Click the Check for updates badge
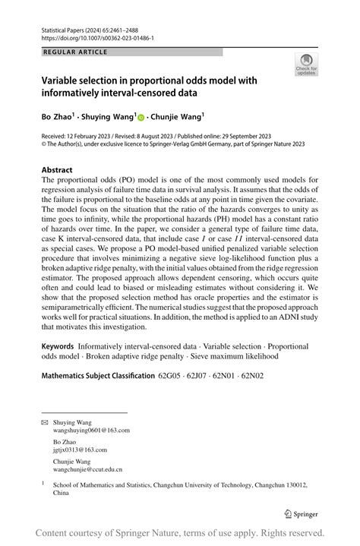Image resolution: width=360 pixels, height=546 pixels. pyautogui.click(x=306, y=65)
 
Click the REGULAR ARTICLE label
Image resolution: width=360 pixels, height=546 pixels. pyautogui.click(x=75, y=52)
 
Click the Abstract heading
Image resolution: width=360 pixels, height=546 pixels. pyautogui.click(x=57, y=170)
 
